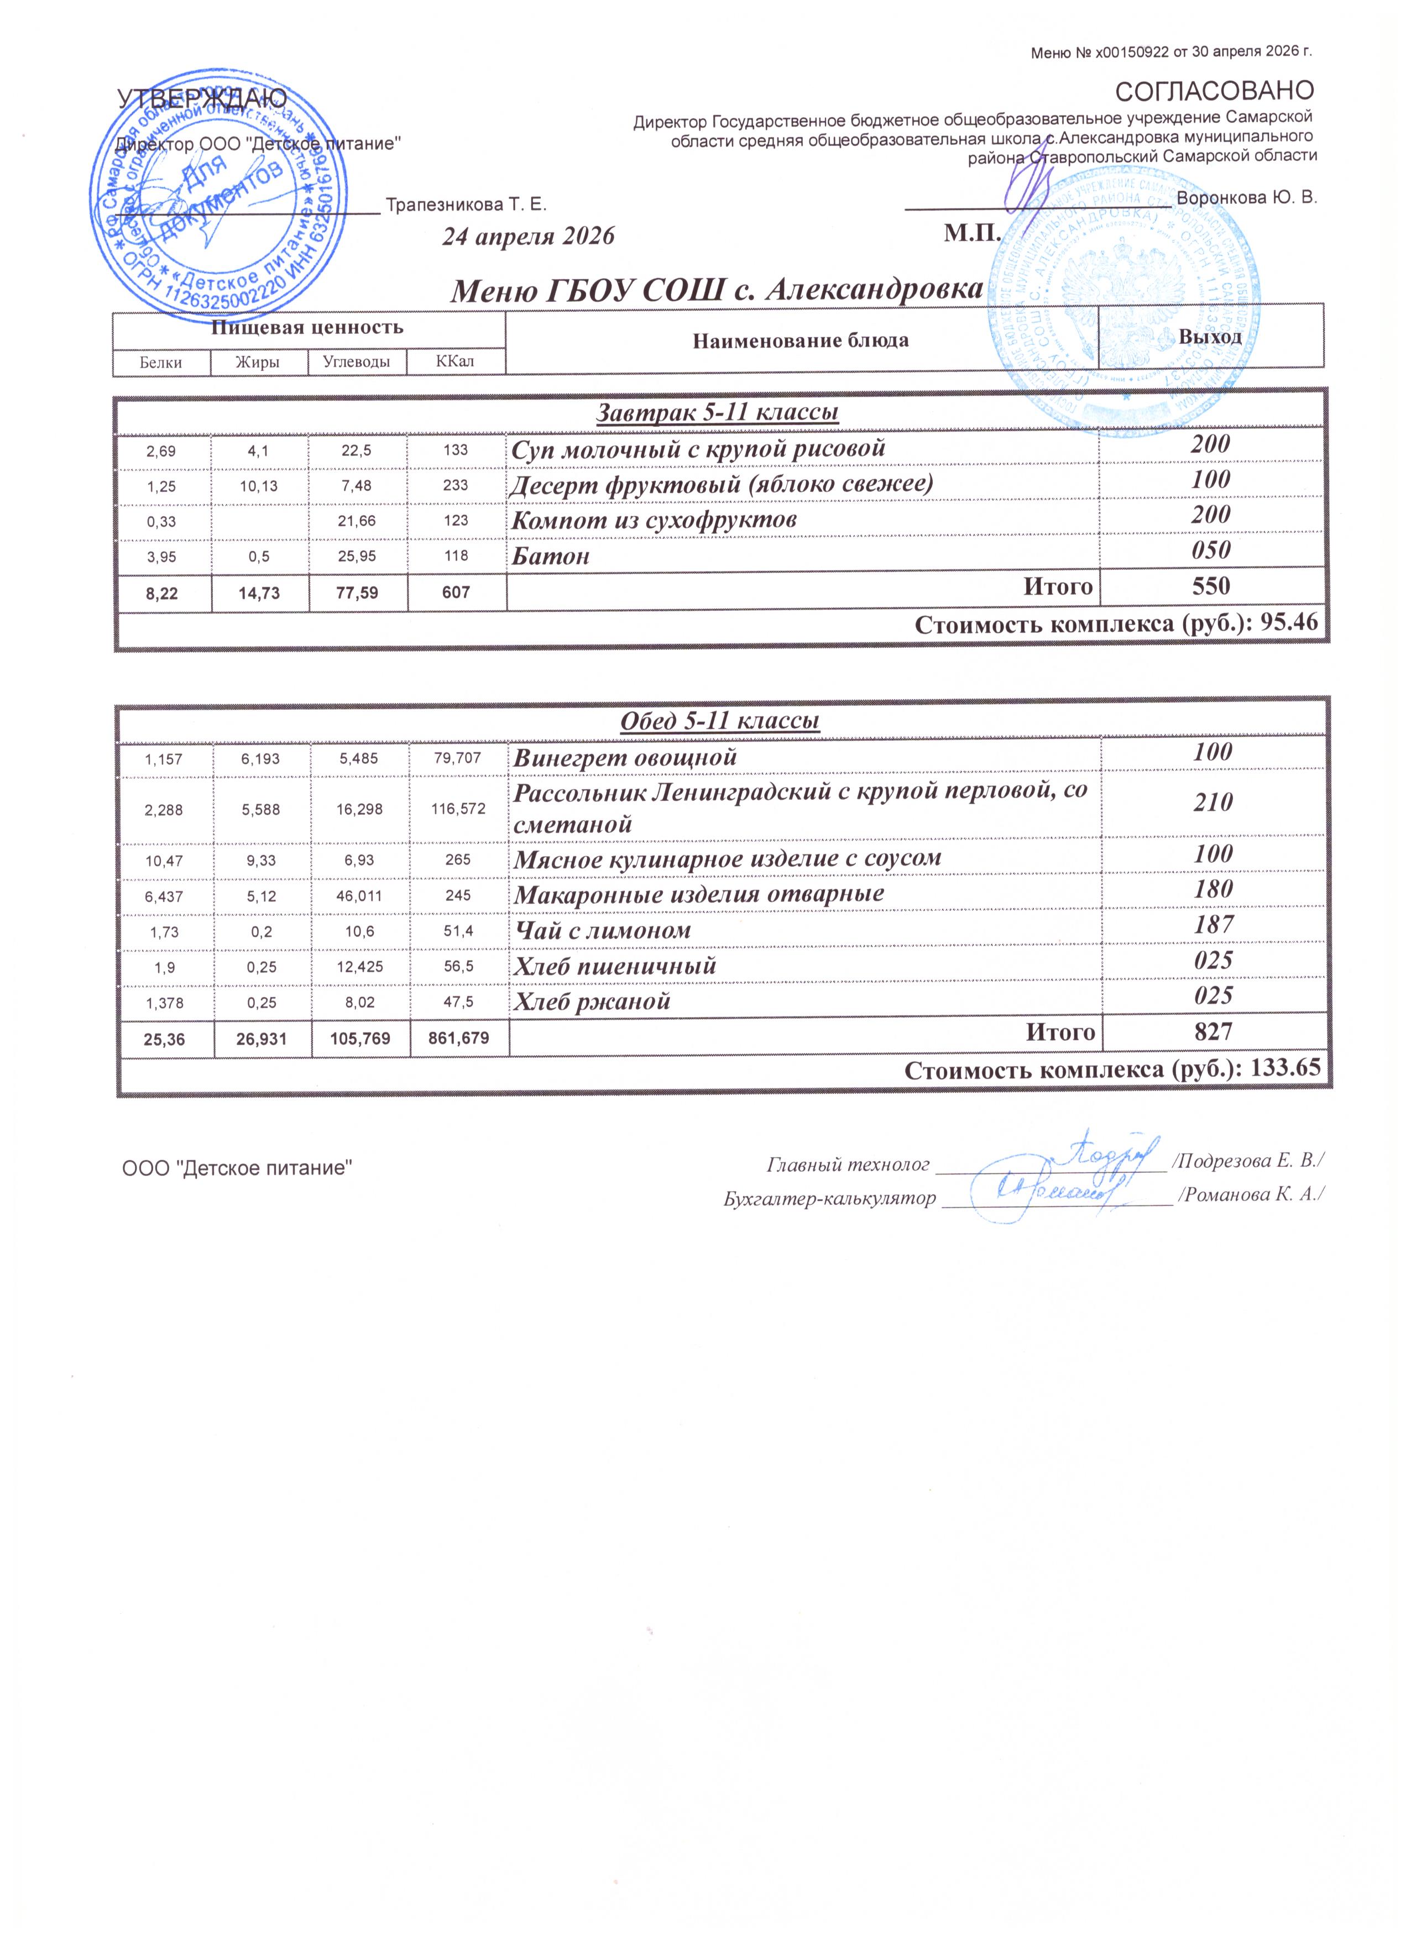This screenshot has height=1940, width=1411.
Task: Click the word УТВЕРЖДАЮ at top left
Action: [x=201, y=100]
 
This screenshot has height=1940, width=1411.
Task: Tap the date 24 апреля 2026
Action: [x=528, y=235]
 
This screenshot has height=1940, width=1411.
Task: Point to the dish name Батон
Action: [x=551, y=557]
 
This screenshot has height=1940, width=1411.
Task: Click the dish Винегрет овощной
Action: [x=625, y=757]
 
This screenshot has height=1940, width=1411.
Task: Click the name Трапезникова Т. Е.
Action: [x=466, y=205]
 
